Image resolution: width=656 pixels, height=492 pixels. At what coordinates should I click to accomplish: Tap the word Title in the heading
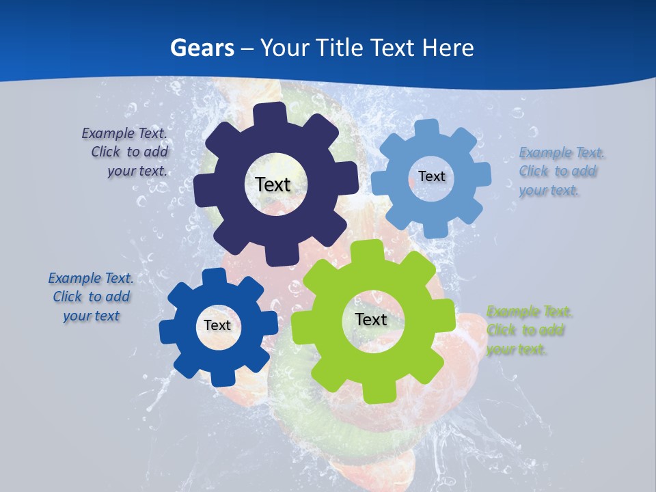pos(339,48)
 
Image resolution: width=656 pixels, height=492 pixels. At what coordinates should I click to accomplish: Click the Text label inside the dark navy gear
pos(273,184)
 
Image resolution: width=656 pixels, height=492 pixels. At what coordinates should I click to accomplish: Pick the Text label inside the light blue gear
pos(431,176)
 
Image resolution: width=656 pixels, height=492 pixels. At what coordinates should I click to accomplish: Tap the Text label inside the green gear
pos(371,319)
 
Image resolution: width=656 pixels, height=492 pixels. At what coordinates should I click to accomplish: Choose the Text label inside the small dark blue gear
pos(217,326)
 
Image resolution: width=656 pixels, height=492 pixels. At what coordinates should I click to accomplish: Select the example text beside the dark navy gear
pos(126,152)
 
